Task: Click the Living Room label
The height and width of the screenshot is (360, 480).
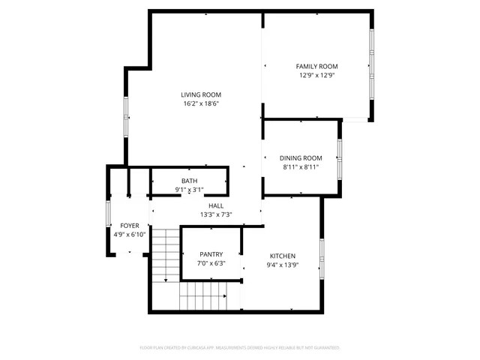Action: [200, 94]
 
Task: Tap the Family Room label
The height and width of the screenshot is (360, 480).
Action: [316, 66]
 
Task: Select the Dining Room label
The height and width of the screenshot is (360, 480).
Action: [301, 157]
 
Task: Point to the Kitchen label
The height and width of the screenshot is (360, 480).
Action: [283, 256]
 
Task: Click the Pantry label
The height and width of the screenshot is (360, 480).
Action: [211, 254]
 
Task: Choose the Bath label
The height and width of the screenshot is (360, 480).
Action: [189, 181]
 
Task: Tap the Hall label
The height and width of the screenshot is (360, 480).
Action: [216, 205]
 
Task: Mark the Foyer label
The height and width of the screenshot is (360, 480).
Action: [130, 225]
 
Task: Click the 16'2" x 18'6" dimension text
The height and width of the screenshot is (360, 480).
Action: [200, 104]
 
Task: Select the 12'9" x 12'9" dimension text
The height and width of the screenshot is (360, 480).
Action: [316, 75]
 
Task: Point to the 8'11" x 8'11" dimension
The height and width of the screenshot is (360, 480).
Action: [301, 167]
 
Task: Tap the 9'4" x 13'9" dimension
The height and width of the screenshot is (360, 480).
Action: [283, 265]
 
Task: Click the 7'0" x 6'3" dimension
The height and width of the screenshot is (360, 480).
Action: [211, 263]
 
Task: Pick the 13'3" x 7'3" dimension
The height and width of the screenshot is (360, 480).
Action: [216, 214]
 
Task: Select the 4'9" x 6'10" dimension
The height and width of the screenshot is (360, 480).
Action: [130, 234]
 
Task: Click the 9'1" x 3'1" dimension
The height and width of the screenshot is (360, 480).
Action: [189, 190]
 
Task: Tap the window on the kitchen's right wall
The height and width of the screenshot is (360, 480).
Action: [321, 259]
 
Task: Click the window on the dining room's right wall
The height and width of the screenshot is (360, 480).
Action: [340, 158]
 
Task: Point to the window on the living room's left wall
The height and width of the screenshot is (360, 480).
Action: [126, 117]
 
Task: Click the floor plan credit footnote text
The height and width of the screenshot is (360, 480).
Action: [240, 348]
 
